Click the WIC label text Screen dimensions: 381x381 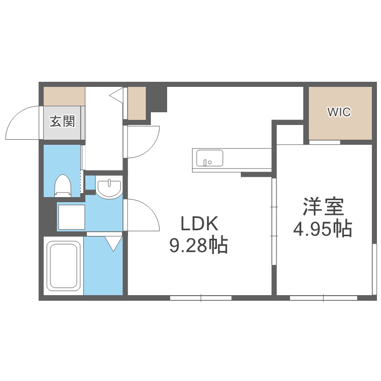(x=339, y=112)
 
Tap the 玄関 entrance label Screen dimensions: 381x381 (x=62, y=121)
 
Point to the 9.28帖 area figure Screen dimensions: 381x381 (x=198, y=246)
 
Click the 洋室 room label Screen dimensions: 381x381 (x=324, y=207)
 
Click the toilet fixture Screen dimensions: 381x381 (x=62, y=185)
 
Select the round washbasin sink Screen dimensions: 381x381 (x=109, y=187)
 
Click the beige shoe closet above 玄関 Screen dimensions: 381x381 (x=63, y=96)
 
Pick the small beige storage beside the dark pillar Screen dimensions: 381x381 (x=137, y=103)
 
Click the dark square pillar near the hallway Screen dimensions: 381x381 (x=158, y=99)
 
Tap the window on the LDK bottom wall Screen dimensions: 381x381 (x=201, y=298)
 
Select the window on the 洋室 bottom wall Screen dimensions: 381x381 (x=324, y=298)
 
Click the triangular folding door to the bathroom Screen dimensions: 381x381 (x=113, y=243)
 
